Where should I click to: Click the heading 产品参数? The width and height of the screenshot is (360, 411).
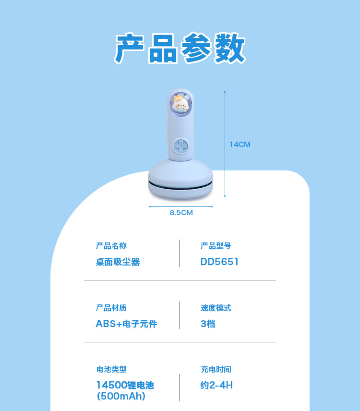coord(180,48)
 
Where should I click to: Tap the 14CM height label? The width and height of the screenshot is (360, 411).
coord(240,144)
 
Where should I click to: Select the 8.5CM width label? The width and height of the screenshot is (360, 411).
coord(181,212)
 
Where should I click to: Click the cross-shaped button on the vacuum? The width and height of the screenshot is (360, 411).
coord(180,146)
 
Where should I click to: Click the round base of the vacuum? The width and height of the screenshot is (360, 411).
coord(180,180)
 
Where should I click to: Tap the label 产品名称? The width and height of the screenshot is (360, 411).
coord(111,246)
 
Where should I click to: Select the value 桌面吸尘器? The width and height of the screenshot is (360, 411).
coord(118,262)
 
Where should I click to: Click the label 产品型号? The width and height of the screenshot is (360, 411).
coord(216,246)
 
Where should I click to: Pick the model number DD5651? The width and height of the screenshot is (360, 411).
coord(219,262)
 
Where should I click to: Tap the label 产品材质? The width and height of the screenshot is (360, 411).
coord(111,308)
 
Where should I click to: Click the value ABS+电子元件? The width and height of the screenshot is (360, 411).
coord(126,324)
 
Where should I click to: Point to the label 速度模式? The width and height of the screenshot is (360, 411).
coord(216,308)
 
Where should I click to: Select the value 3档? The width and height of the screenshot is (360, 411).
coord(208,324)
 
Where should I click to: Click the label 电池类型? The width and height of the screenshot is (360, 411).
coord(111,369)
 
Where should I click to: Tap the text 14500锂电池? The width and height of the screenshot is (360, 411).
coord(125,385)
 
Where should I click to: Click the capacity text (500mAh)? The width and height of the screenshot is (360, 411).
coord(121,396)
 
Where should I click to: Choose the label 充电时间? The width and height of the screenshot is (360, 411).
coord(216,369)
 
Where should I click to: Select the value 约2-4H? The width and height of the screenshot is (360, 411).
coord(216,385)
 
